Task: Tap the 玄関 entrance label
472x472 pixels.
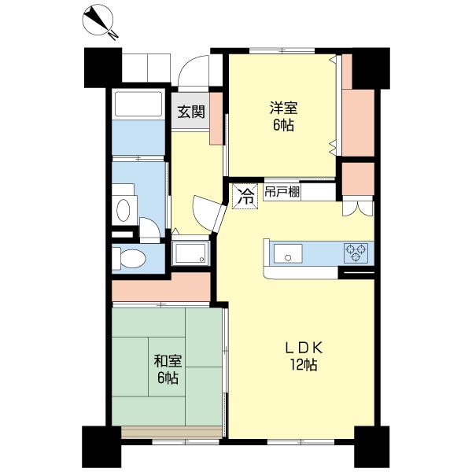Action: point(191,112)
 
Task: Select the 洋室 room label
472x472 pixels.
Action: point(283,109)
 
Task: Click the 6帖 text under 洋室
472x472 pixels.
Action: point(283,125)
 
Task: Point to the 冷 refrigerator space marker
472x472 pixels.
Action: point(245,197)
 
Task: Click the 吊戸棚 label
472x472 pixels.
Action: point(282,192)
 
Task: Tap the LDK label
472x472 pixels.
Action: point(304,348)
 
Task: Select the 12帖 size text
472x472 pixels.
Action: point(304,365)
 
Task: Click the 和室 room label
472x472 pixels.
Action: point(168,361)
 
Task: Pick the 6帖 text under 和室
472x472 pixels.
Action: point(168,378)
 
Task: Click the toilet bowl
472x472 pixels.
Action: point(129,257)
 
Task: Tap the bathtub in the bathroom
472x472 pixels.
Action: point(138,104)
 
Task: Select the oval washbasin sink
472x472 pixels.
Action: point(124,210)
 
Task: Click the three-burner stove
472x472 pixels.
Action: point(356,253)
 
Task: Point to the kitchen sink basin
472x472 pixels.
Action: point(288,253)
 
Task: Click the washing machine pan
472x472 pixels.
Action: point(190,253)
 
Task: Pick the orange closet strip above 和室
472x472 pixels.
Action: point(161,286)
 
